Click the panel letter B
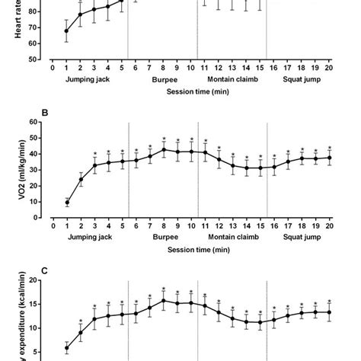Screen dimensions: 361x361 coord(44,113)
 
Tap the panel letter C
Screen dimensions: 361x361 coord(44,269)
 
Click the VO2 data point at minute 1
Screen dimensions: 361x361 coord(66,203)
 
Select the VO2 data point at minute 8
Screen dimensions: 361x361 coord(163,149)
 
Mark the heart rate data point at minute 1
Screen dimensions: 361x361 coord(66,31)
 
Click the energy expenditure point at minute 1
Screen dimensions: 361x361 coord(66,348)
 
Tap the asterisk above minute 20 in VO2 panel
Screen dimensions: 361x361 coord(330,148)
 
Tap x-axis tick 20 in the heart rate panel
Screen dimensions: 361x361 coord(330,68)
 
